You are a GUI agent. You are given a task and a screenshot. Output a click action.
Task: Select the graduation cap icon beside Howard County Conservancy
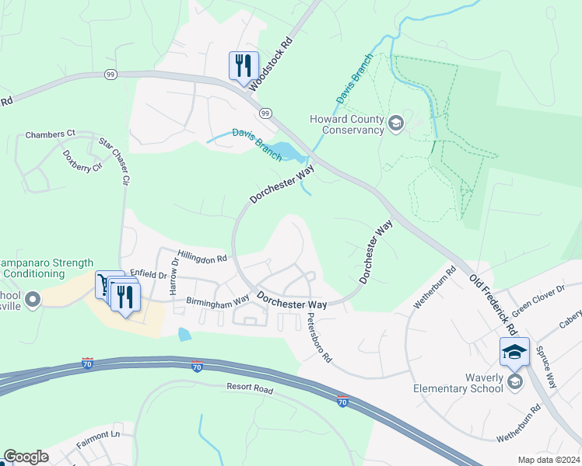point(396,123)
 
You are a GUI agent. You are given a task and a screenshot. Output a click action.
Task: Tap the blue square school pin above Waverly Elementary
point(514,352)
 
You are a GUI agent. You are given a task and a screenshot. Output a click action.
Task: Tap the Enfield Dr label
point(148,274)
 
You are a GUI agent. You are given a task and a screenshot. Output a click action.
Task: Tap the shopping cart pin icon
point(106,284)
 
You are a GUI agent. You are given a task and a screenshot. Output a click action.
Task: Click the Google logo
point(26,457)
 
